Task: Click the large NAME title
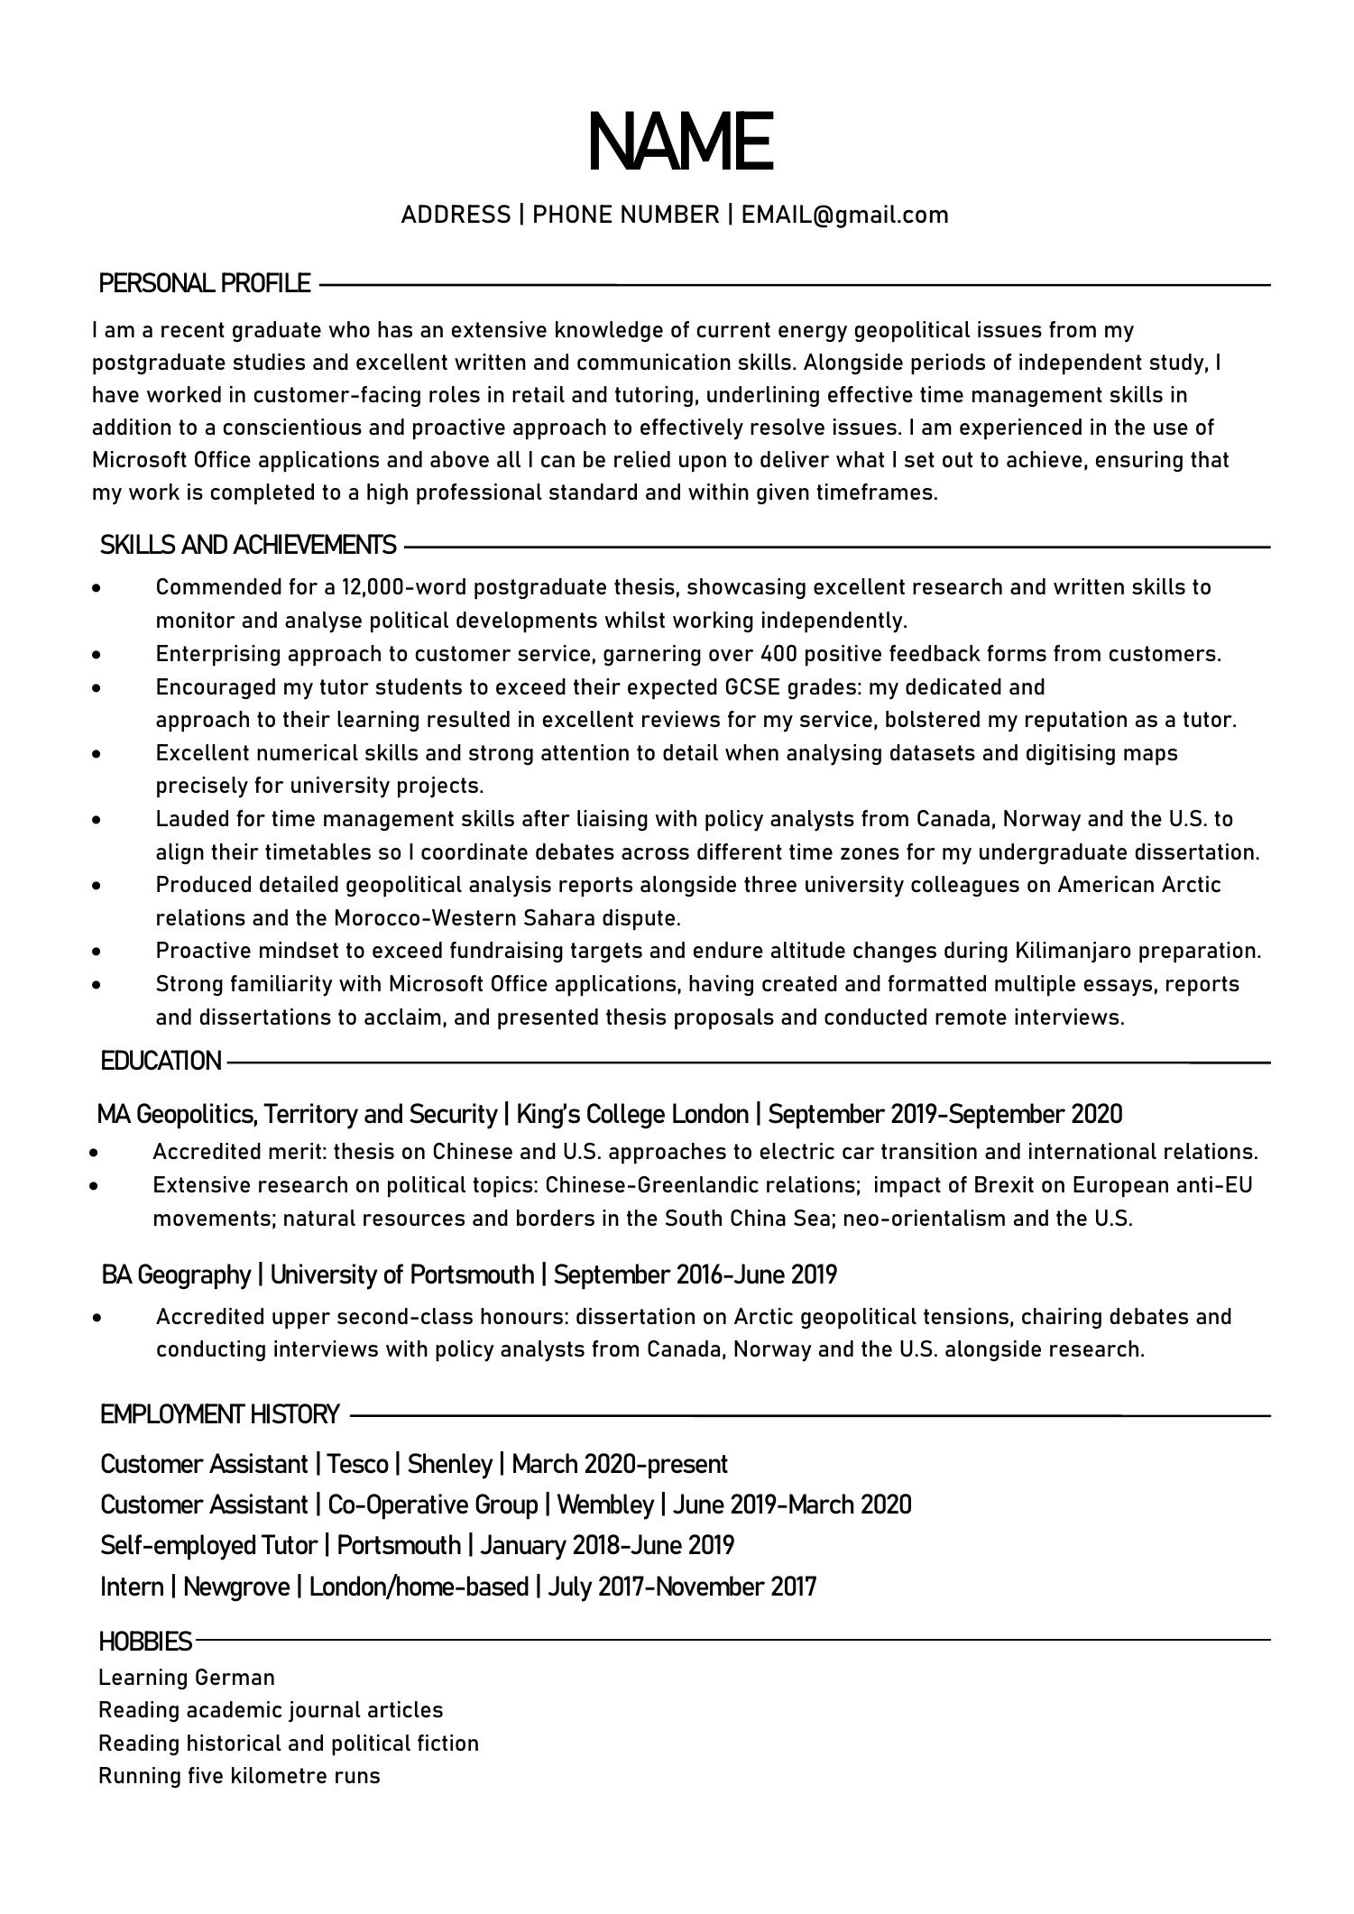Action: [x=679, y=143]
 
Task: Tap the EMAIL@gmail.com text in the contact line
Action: [x=844, y=215]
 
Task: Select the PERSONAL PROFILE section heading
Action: [x=205, y=283]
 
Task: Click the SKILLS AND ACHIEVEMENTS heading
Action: [x=248, y=545]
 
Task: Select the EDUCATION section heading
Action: [x=161, y=1061]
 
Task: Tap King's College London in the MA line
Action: [x=632, y=1115]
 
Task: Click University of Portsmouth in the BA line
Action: [x=401, y=1274]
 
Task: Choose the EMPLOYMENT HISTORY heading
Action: [x=220, y=1414]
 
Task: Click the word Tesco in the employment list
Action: [x=357, y=1464]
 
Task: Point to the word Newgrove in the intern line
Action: [x=236, y=1587]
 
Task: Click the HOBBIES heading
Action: [x=145, y=1641]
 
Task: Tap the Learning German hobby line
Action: [x=187, y=1678]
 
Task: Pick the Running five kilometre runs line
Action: [x=239, y=1776]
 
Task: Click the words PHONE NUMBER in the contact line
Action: [x=625, y=215]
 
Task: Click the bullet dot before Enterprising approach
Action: [x=97, y=654]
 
